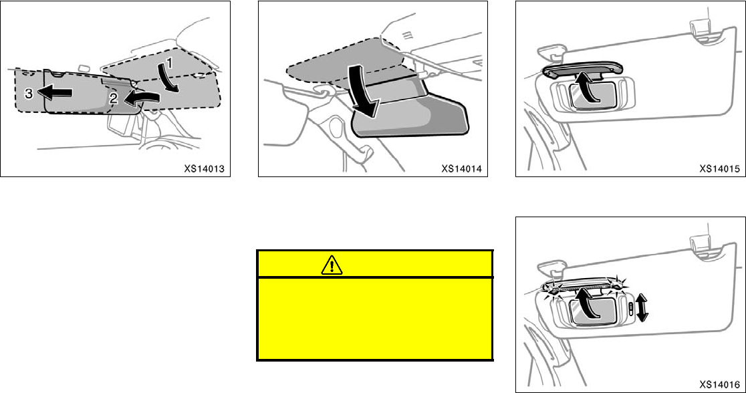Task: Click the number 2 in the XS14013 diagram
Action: [x=114, y=98]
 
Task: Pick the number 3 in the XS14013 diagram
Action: [x=28, y=94]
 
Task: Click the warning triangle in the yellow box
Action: [x=331, y=265]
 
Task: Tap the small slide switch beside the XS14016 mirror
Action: [x=631, y=309]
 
